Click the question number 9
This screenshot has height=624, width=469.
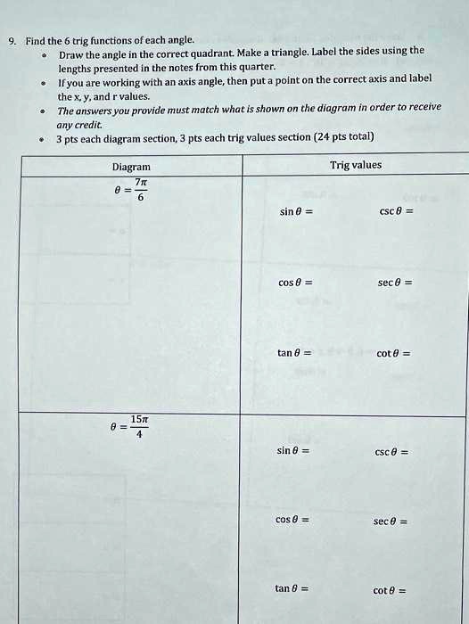11,40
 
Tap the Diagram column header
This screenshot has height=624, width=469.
131,167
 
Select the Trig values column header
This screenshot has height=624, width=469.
355,165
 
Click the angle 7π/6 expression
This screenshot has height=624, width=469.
131,189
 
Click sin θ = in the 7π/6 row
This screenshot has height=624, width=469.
295,212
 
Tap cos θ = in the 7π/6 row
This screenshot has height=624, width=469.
295,283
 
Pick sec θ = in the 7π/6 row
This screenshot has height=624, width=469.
393,283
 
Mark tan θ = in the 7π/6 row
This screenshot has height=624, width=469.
294,353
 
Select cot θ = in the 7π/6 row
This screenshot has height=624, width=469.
392,354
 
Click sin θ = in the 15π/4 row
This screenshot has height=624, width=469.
293,451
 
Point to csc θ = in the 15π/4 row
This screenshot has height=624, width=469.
391,452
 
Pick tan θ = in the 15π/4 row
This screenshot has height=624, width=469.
292,588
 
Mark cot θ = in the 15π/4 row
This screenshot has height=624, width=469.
390,590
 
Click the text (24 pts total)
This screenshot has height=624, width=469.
344,137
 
